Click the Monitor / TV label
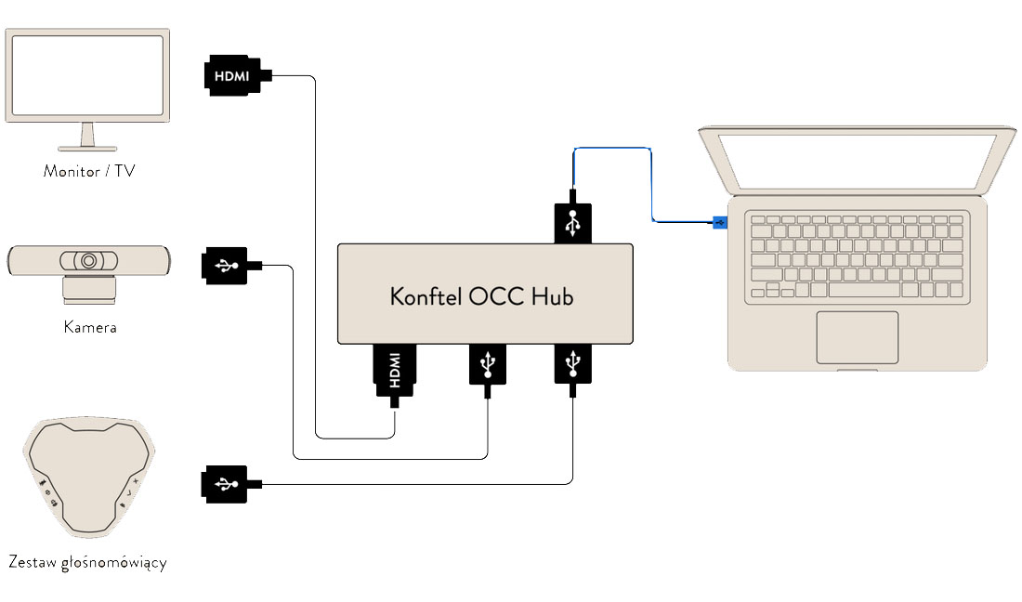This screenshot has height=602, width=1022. [89, 171]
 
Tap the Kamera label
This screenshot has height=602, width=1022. [90, 327]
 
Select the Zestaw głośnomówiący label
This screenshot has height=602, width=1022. [87, 563]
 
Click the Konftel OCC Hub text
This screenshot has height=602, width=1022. [482, 296]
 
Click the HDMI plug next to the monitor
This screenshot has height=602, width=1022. [231, 76]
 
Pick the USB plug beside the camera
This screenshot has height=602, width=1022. [226, 266]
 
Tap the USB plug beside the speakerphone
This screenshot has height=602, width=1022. [226, 484]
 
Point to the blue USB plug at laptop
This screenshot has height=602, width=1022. [718, 221]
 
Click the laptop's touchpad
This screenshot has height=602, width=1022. [857, 337]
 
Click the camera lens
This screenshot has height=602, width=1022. [89, 261]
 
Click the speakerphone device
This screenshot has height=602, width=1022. [87, 478]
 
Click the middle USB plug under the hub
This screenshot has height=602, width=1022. [488, 365]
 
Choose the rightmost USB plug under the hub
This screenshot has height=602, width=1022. [573, 363]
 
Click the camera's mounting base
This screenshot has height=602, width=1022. [89, 292]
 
